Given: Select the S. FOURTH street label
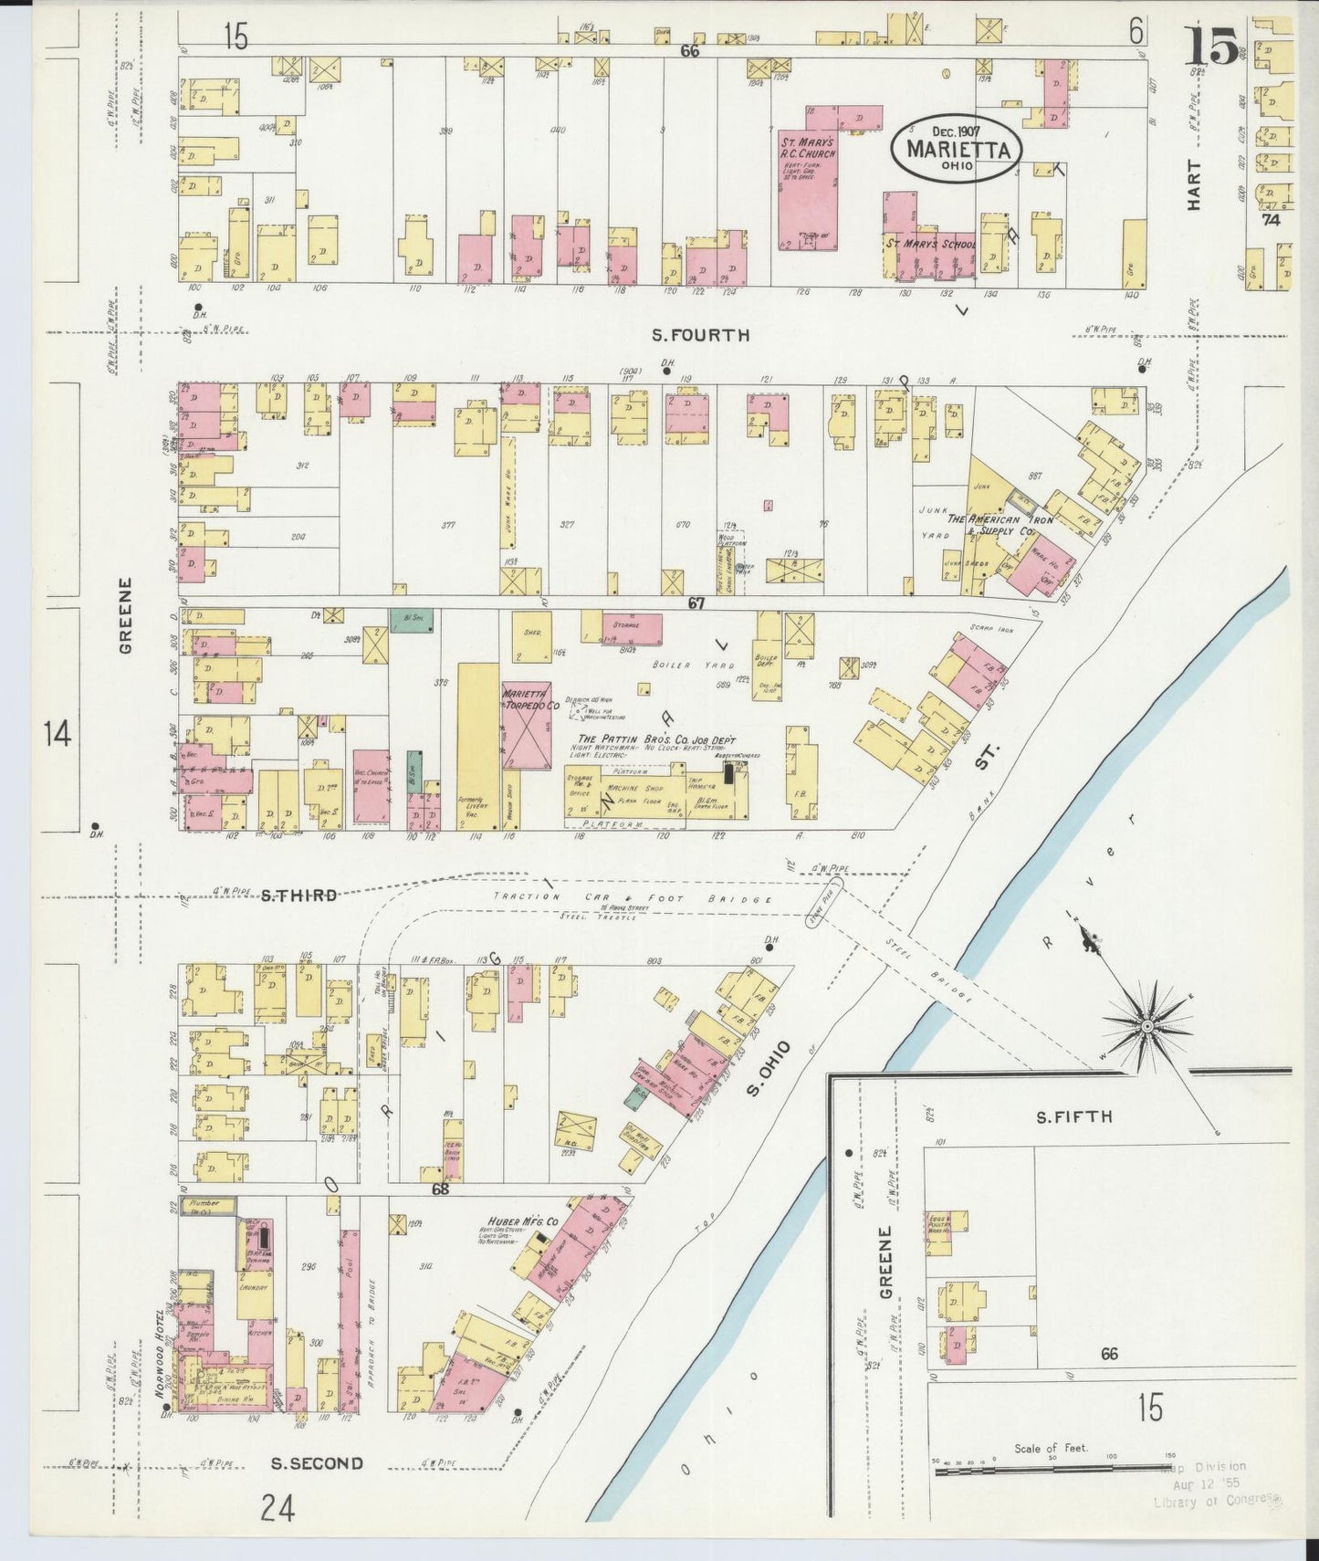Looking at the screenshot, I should click(700, 335).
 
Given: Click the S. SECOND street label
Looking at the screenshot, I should click(317, 1463).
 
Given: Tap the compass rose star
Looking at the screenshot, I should click(1145, 1027).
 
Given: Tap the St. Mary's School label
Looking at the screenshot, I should click(929, 245).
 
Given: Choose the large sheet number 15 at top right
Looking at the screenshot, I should click(1211, 46).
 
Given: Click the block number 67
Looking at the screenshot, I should click(696, 604).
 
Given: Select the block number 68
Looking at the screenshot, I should click(441, 1189).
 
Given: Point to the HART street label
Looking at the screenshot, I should click(1194, 186).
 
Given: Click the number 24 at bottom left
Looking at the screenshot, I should click(277, 1507).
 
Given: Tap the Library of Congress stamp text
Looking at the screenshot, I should click(1217, 1502).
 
